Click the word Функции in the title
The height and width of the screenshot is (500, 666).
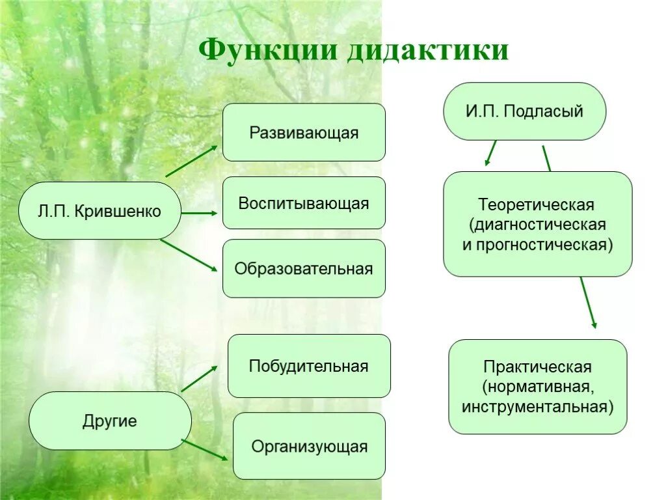268,50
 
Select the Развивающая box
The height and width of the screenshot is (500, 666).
304,132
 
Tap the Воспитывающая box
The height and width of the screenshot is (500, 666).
304,203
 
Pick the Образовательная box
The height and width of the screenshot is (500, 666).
304,268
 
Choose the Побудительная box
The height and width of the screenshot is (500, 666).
309,366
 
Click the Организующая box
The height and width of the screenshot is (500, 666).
309,446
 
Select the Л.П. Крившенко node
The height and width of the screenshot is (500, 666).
100,211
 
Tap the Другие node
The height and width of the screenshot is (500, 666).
110,421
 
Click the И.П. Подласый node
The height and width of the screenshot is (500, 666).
524,111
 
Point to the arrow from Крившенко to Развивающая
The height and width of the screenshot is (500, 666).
192,161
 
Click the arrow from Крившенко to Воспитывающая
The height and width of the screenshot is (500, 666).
199,213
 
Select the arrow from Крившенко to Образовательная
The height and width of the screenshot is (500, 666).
189,255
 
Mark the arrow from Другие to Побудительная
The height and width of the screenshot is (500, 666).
199,378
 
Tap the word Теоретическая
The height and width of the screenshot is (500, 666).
537,204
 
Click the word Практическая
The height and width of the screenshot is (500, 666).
537,367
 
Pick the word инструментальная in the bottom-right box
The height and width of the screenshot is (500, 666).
537,407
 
